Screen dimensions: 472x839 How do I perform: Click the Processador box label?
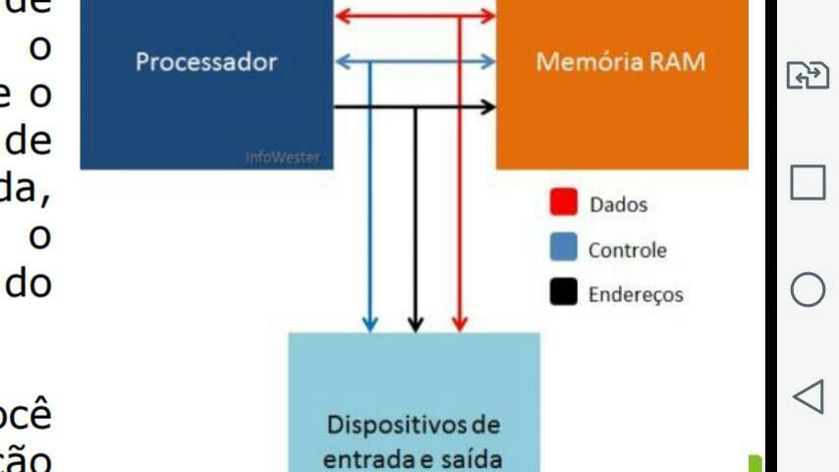click(x=206, y=62)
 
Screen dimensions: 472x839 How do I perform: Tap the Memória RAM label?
click(x=620, y=62)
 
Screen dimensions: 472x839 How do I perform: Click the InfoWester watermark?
click(x=289, y=157)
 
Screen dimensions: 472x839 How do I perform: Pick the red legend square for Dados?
click(x=563, y=204)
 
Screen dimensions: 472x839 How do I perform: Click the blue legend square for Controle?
click(x=563, y=248)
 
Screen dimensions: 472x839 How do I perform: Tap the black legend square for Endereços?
click(x=563, y=292)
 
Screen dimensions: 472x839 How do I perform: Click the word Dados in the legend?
click(x=618, y=205)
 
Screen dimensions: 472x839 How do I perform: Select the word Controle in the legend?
click(x=627, y=250)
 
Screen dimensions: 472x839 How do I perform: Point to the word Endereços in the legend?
click(x=635, y=294)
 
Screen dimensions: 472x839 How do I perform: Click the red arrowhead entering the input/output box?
click(x=459, y=324)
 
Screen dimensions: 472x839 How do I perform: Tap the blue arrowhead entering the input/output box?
click(x=370, y=324)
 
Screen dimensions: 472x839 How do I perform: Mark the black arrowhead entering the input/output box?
click(x=415, y=324)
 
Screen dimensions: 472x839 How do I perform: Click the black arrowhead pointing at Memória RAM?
click(x=487, y=106)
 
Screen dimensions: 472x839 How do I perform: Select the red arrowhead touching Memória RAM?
click(x=487, y=16)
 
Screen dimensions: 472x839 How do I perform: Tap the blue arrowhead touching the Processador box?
click(x=342, y=62)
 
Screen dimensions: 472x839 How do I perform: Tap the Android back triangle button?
click(x=807, y=396)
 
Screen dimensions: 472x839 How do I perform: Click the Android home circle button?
click(x=808, y=289)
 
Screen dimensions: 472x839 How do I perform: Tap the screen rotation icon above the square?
click(x=808, y=76)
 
